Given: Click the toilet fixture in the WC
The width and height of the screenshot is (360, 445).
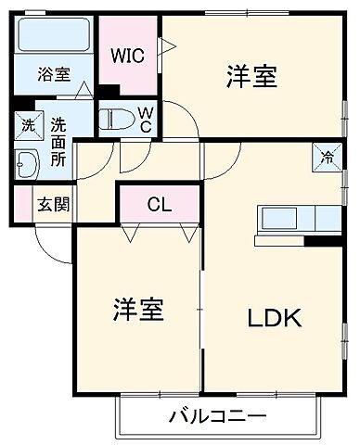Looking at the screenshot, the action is (x=118, y=120).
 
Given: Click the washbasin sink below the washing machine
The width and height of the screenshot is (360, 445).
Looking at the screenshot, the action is (x=27, y=165).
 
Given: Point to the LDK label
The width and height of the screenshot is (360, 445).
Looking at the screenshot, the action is (x=273, y=318).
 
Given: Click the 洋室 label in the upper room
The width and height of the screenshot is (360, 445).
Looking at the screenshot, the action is (x=251, y=77).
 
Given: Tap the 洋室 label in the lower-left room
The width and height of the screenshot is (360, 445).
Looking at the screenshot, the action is (x=139, y=309).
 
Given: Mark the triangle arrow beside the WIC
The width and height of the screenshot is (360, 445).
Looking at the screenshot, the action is (x=166, y=44).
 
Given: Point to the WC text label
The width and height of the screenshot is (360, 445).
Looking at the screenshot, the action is (x=146, y=120).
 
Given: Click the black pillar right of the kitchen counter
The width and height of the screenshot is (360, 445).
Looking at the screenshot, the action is (x=324, y=241).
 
